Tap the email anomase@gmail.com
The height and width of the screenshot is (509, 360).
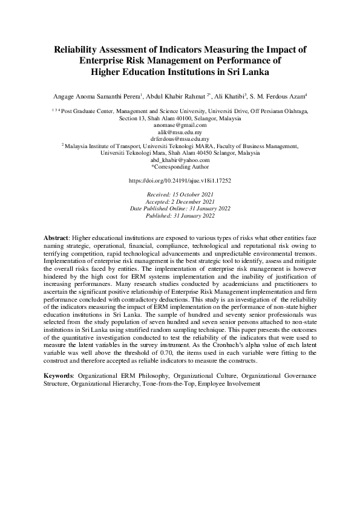pos(180,125)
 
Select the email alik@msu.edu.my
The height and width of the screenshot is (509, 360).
pos(180,132)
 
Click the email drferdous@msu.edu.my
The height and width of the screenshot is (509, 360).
pos(180,138)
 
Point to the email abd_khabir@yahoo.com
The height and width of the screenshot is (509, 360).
pos(180,160)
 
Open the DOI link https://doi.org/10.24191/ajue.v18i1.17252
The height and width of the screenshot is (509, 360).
pos(180,180)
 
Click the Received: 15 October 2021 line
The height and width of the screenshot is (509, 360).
pos(180,195)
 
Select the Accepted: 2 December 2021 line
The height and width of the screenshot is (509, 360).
pos(180,201)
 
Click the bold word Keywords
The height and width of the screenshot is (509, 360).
pos(59,375)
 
